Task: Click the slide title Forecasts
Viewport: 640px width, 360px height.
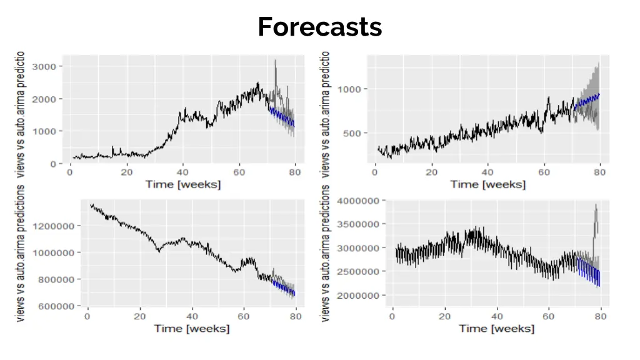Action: coord(319,27)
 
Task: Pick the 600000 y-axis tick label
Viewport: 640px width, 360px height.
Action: coord(60,306)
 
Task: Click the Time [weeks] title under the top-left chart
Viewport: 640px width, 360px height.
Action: coord(182,184)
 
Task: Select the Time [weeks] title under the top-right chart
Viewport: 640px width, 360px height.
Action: coord(487,184)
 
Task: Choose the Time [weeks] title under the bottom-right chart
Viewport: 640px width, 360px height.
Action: coord(496,328)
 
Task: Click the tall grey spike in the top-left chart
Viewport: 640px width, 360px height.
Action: coord(276,69)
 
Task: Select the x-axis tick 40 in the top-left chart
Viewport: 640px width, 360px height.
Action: coord(182,172)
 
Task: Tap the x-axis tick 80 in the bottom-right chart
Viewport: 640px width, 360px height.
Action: coord(601,316)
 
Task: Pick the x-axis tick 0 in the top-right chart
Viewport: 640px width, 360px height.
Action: coord(375,172)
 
